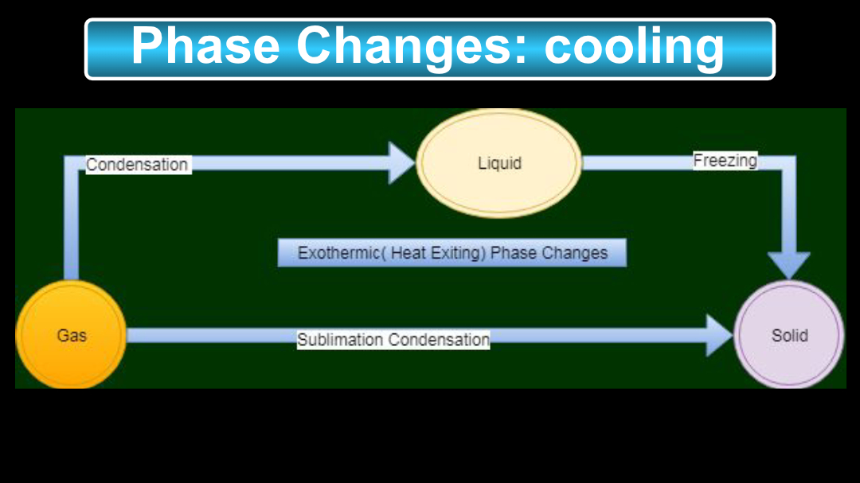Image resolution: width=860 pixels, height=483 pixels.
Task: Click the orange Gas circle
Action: pyautogui.click(x=71, y=334)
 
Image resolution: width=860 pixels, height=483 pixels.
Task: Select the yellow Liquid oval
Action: pyautogui.click(x=499, y=163)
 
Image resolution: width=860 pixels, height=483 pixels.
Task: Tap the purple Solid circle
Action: pyautogui.click(x=788, y=335)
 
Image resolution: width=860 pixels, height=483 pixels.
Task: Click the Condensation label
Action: pyautogui.click(x=137, y=165)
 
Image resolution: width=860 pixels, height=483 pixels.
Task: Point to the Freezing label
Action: pyautogui.click(x=725, y=161)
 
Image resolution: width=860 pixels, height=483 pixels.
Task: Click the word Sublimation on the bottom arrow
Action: pyautogui.click(x=340, y=340)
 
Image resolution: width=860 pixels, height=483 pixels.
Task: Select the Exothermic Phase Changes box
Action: pyautogui.click(x=451, y=253)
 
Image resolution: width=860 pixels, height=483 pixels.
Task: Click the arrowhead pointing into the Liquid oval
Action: pyautogui.click(x=401, y=163)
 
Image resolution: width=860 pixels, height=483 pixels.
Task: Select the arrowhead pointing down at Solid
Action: pyautogui.click(x=788, y=264)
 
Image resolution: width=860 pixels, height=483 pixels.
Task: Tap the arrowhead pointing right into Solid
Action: pyautogui.click(x=719, y=335)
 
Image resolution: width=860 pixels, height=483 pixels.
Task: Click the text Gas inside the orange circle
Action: pyautogui.click(x=71, y=335)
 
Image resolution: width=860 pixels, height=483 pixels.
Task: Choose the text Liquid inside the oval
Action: pyautogui.click(x=499, y=163)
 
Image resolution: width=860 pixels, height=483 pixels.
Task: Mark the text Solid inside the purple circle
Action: pyautogui.click(x=789, y=335)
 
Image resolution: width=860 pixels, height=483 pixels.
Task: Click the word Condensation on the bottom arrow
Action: pyautogui.click(x=439, y=340)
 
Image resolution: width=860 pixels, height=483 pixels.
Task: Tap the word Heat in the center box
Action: pyautogui.click(x=408, y=253)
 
